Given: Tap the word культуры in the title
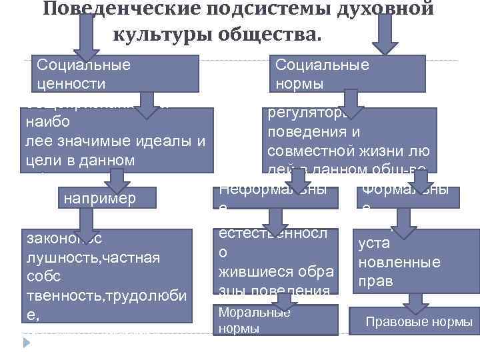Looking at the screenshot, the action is click(155, 33).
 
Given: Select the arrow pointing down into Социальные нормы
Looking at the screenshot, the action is click(385, 33).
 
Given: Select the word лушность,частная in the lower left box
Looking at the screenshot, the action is click(91, 257).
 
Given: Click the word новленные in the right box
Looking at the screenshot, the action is click(399, 262).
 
